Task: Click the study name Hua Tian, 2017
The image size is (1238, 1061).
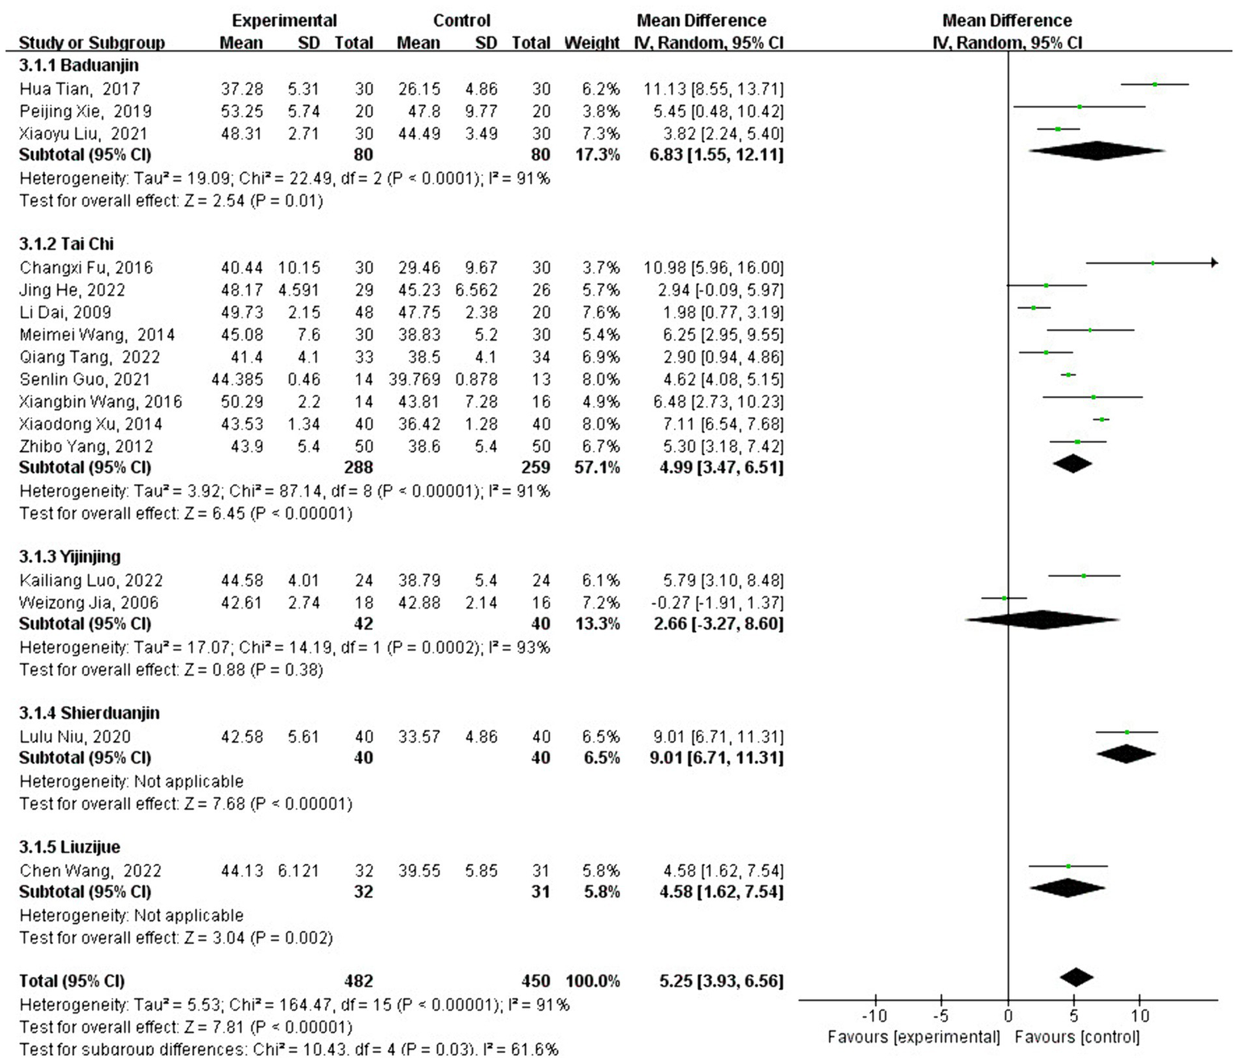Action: pos(79,89)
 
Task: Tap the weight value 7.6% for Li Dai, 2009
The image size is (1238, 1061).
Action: pos(601,312)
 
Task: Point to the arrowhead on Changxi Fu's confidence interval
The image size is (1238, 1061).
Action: pos(1214,262)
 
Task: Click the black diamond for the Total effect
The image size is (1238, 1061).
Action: pos(1076,977)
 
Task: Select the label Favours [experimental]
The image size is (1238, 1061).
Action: pos(913,1037)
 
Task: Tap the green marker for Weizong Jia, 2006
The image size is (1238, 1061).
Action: pos(1004,598)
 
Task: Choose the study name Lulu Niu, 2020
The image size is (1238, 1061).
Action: pos(75,737)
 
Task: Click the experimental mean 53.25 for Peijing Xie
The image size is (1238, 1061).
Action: pos(242,111)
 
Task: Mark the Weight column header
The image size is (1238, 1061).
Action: pos(592,43)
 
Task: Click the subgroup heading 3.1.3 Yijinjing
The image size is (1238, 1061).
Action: pos(70,557)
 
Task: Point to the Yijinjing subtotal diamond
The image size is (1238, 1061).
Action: pos(1042,620)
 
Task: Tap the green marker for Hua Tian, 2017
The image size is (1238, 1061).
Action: pos(1155,84)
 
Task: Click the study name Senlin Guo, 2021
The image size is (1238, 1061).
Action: pos(85,379)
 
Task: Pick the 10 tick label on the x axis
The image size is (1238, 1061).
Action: pos(1140,1016)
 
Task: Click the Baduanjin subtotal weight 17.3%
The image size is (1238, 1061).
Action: pos(598,154)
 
